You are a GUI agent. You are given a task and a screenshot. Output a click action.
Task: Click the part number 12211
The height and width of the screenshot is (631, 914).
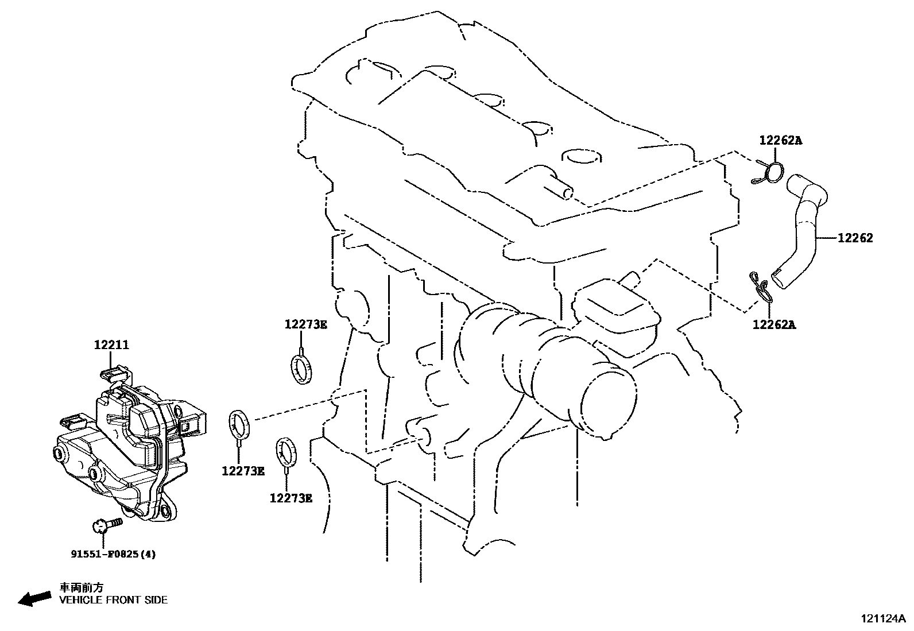click(111, 345)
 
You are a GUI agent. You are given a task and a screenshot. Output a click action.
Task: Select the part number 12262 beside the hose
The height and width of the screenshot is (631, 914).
click(855, 238)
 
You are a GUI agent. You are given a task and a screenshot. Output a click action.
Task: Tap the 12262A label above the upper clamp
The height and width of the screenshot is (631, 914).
click(780, 140)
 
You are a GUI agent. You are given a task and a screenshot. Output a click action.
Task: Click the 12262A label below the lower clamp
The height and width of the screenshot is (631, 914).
click(774, 324)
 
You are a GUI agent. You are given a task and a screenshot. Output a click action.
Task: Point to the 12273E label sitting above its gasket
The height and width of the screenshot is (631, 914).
click(305, 324)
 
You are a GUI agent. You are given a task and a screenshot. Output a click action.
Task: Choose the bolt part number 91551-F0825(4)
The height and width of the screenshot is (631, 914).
click(113, 554)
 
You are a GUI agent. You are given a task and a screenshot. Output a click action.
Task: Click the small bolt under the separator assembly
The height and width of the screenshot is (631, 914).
click(106, 524)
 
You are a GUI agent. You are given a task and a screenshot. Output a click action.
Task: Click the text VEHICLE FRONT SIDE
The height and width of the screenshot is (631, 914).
click(114, 600)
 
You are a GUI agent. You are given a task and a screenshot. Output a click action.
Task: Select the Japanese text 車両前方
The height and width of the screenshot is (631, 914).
click(82, 587)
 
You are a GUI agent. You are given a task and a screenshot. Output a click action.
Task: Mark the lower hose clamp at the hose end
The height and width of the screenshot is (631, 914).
click(760, 287)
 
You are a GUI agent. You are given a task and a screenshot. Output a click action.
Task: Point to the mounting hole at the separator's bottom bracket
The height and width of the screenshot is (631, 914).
click(168, 512)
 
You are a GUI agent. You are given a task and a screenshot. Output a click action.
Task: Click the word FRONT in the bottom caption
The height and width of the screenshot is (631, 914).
click(123, 600)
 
